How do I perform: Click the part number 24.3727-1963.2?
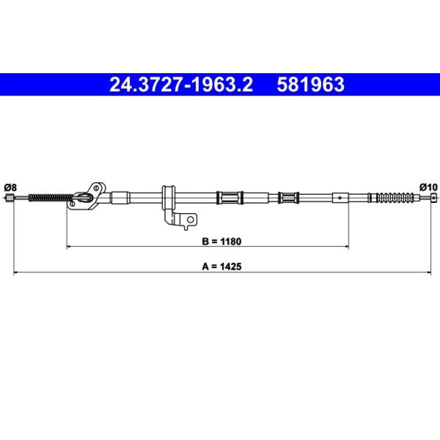[181, 85]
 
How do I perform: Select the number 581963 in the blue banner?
[310, 85]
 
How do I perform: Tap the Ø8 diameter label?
[10, 187]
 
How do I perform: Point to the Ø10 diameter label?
[428, 187]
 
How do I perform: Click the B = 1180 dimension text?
[221, 241]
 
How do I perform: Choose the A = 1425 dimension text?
[221, 266]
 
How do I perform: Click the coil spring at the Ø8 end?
[50, 198]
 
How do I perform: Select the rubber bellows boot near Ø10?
[394, 198]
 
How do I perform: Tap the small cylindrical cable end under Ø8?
[10, 198]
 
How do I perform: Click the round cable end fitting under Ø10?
[434, 198]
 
